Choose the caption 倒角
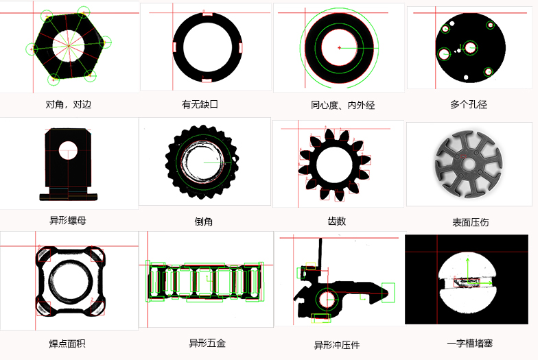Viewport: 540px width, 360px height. pos(204,221)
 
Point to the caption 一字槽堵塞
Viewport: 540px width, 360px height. pos(470,342)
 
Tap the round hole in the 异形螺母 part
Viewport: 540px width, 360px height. pos(68,149)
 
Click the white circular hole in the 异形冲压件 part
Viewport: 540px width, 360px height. pos(327,299)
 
